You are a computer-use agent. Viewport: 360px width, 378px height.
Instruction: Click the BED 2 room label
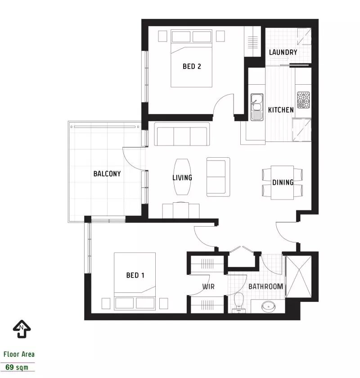pyautogui.click(x=191, y=67)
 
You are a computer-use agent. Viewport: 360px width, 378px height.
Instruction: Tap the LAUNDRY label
pyautogui.click(x=283, y=52)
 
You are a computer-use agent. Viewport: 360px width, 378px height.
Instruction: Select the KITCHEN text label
pyautogui.click(x=281, y=109)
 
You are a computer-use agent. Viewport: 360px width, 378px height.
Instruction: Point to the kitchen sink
pyautogui.click(x=257, y=107)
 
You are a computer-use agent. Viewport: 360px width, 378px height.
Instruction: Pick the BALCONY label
pyautogui.click(x=107, y=173)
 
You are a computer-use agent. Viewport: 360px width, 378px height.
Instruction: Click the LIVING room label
pyautogui.click(x=182, y=178)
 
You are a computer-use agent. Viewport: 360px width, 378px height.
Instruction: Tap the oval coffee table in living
pyautogui.click(x=182, y=178)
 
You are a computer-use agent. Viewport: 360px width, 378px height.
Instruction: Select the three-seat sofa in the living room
pyautogui.click(x=181, y=135)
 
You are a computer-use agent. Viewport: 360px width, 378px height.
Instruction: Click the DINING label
pyautogui.click(x=283, y=182)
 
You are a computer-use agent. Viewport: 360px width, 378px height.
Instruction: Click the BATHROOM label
pyautogui.click(x=265, y=287)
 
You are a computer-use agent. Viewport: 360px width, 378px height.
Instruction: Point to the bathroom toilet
pyautogui.click(x=239, y=301)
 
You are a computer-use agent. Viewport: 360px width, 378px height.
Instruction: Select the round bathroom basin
pyautogui.click(x=270, y=307)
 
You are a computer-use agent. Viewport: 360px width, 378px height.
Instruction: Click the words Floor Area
pyautogui.click(x=18, y=354)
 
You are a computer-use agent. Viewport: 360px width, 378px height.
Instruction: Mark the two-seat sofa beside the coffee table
pyautogui.click(x=218, y=177)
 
